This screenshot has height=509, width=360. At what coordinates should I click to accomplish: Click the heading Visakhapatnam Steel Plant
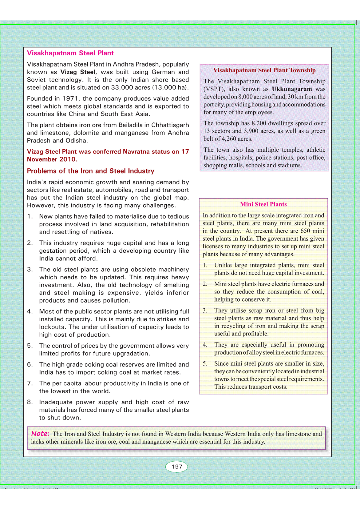point(70,53)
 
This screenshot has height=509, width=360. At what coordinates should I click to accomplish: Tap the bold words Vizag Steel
point(78,72)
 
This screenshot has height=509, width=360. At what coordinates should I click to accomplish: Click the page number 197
point(177,466)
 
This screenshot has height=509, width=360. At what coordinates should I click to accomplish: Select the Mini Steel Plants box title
point(263,204)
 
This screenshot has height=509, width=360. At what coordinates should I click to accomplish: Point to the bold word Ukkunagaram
point(292,89)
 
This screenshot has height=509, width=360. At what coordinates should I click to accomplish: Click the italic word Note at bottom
point(40,433)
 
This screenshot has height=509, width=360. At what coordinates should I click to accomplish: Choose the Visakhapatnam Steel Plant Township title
point(264,70)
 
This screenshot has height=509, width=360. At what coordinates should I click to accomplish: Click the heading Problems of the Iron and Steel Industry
point(90,171)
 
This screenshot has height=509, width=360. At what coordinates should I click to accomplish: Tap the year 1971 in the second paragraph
point(70,99)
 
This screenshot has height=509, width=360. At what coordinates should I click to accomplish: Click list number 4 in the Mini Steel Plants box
point(205,345)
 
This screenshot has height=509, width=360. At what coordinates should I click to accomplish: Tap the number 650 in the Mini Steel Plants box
point(305,231)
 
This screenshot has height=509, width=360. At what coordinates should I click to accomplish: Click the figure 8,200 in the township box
point(259,123)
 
